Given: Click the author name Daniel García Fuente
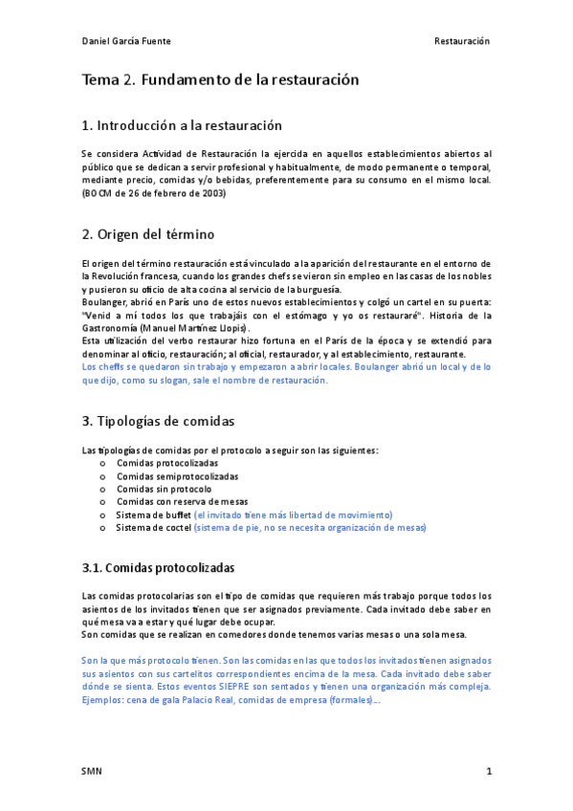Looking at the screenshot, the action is point(126,41).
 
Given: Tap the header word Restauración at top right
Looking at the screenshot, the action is point(461,41).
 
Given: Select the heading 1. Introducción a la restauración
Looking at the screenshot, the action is point(182,125).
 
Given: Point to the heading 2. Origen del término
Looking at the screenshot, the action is point(148,234).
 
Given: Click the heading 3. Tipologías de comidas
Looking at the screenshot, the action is point(158,421).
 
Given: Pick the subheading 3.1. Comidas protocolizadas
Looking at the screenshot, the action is point(158,568).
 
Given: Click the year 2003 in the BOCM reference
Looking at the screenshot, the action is point(212,193).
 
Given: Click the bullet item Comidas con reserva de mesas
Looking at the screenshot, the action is point(182,501).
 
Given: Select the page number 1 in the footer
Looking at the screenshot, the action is point(489,771).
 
